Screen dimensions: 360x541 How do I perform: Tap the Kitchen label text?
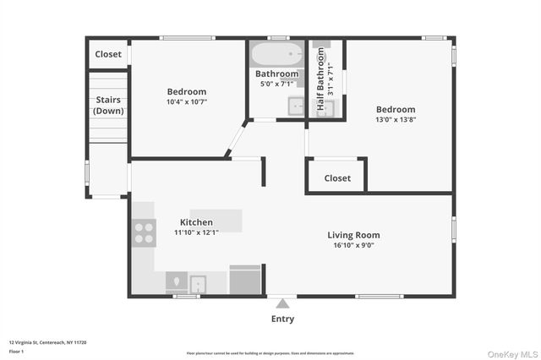click(x=195, y=222)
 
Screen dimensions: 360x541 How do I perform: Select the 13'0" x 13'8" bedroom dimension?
click(x=396, y=119)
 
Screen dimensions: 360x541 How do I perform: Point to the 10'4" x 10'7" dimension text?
click(x=186, y=101)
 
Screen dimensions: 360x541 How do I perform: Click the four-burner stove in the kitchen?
click(x=144, y=232)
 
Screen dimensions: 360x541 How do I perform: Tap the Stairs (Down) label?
click(x=107, y=106)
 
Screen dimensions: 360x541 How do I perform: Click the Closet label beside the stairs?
click(x=108, y=54)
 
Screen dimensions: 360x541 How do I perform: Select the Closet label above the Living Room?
click(x=337, y=178)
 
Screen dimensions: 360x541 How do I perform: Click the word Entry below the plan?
click(x=282, y=319)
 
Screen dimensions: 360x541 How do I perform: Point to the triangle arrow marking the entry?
click(x=282, y=302)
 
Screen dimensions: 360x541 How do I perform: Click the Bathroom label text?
click(x=277, y=74)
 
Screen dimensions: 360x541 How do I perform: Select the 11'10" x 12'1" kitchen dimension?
click(x=195, y=232)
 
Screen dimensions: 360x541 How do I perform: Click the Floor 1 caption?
click(x=17, y=351)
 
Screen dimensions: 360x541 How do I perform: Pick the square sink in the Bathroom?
click(x=297, y=106)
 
